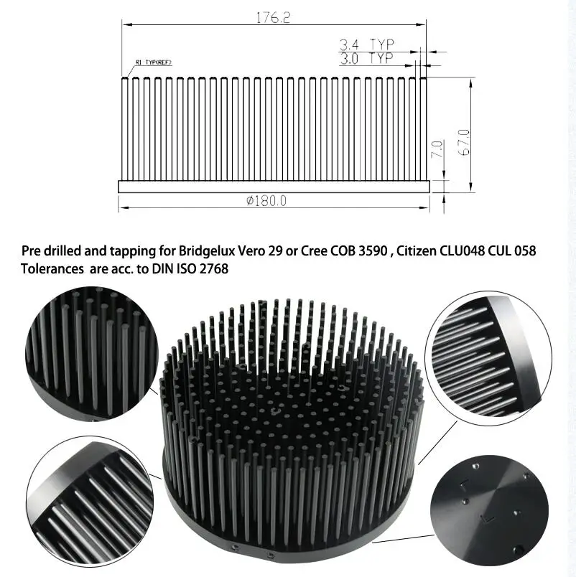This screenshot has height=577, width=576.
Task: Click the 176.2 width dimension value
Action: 273,17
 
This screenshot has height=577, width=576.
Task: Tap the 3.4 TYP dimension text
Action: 367,45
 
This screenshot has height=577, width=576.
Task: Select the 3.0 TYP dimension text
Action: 366,59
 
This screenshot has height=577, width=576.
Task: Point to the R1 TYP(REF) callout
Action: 154,62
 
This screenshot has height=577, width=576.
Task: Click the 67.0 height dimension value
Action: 464,142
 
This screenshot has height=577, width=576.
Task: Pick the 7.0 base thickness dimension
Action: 437,149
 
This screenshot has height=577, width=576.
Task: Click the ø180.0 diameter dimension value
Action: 266,201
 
